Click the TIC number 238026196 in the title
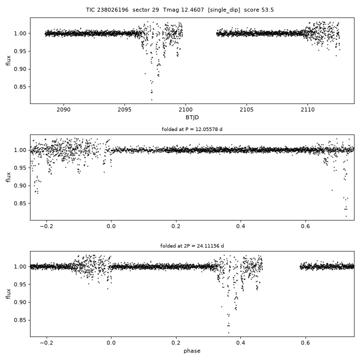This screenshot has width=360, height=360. coord(112,10)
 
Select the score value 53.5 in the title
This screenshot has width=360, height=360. coord(267,10)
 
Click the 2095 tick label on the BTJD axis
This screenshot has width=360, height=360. coord(124,109)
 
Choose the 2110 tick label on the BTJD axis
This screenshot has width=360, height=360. coord(307,109)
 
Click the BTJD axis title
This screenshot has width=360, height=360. coord(192,117)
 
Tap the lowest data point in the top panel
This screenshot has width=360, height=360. coord(152,99)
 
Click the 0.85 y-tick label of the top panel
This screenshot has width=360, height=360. coord(20,87)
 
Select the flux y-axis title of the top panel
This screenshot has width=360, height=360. coord(8,60)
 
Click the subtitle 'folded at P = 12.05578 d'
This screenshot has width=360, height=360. coord(192,129)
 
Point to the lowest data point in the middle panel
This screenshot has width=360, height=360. coord(346,216)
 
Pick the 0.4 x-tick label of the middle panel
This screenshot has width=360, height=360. coord(240,226)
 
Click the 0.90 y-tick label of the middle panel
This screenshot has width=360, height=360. coord(20,185)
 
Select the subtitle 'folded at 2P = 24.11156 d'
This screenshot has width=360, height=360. coord(192,246)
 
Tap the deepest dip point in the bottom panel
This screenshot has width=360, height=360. coord(228,332)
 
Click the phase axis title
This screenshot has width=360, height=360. coord(192,351)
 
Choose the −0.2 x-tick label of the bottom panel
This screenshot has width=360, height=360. coord(46,343)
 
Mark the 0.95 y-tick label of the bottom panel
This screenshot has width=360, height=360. coord(20,284)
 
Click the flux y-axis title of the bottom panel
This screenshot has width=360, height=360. coord(8,294)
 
